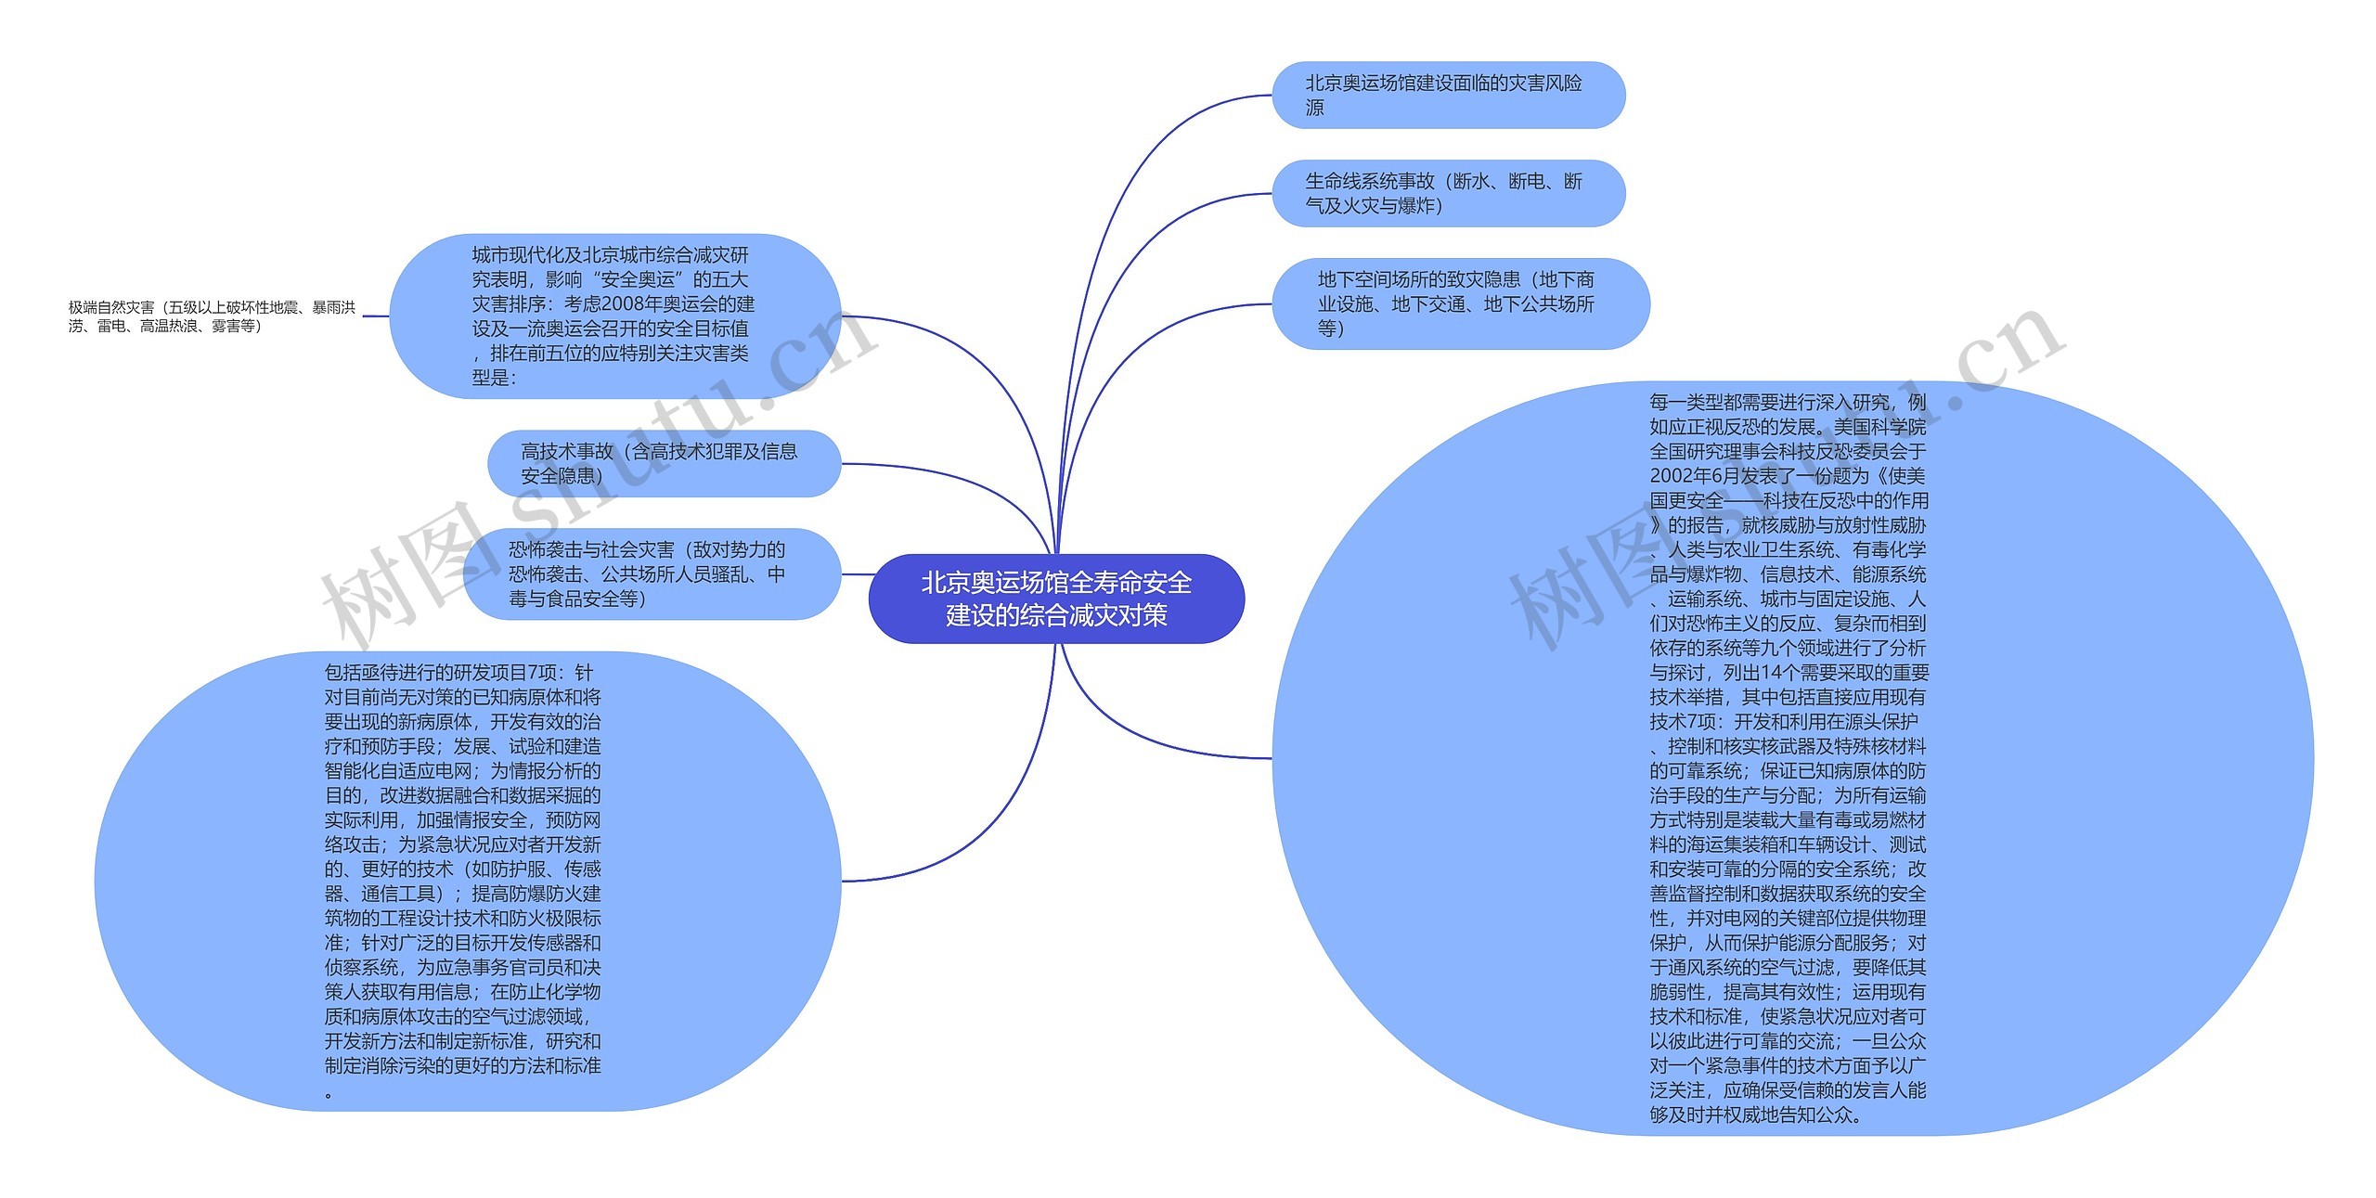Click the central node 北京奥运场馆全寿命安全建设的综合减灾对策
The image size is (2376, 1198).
point(1056,599)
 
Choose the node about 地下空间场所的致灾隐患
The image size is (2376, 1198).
point(1459,303)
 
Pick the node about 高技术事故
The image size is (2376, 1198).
point(663,463)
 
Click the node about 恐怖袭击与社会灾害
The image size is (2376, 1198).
point(650,573)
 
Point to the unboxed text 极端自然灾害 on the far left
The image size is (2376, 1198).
point(212,316)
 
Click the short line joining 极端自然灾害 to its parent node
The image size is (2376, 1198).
point(375,316)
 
